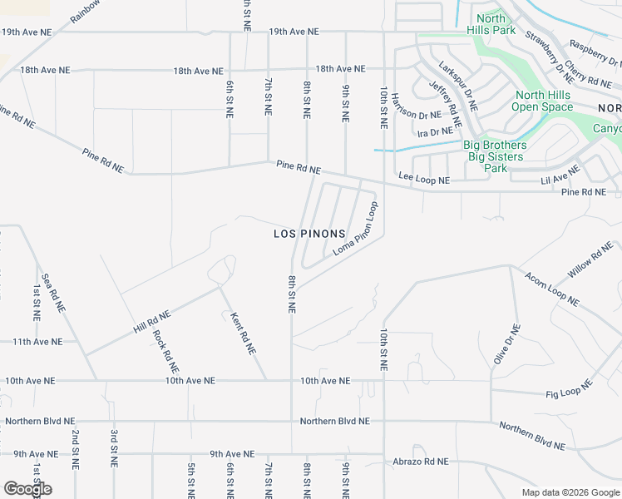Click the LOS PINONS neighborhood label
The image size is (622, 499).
tap(309, 234)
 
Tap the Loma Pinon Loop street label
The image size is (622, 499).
tap(356, 228)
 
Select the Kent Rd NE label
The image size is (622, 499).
tap(240, 333)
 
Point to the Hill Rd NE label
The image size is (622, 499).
tap(151, 322)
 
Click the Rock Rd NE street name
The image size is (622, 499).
tap(165, 351)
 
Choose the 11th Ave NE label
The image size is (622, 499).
tap(37, 342)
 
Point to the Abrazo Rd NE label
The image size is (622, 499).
tap(421, 462)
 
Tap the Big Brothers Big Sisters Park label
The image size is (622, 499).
tap(495, 156)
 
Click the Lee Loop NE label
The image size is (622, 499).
tap(424, 179)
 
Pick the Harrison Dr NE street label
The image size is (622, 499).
tap(417, 116)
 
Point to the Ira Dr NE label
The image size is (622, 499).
tap(436, 131)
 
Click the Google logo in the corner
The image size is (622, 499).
tap(27, 489)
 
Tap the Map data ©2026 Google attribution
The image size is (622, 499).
tap(570, 492)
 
